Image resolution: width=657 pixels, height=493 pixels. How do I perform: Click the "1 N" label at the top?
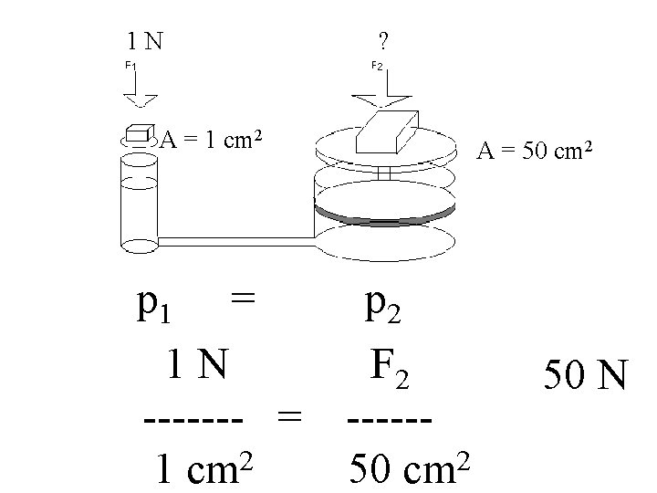(145, 40)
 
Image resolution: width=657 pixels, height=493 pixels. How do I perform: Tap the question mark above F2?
(382, 40)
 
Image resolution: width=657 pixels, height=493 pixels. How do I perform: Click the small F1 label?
(130, 66)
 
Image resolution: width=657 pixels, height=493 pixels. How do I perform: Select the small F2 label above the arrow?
(378, 66)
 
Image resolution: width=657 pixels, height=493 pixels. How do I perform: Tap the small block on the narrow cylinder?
(139, 133)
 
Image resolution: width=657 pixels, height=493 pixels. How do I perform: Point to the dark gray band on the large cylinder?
(383, 213)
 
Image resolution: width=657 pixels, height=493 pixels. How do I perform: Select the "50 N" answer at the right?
(585, 375)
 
